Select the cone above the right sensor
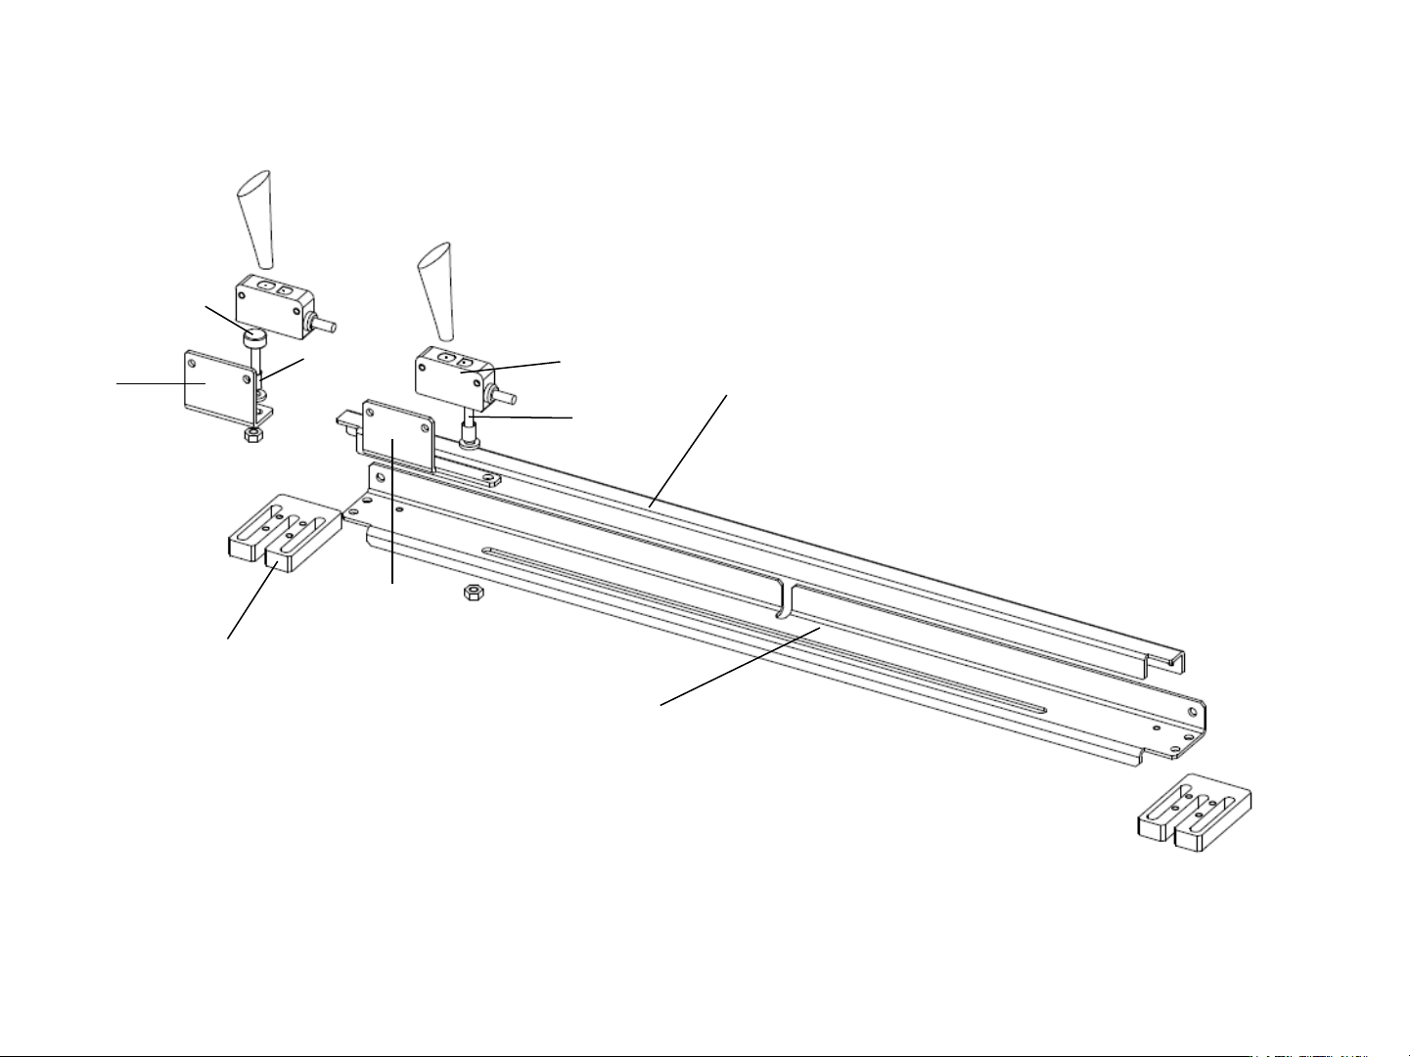click(x=435, y=284)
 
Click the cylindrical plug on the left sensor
click(x=327, y=326)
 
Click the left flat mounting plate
click(x=215, y=383)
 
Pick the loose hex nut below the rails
click(x=471, y=593)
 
